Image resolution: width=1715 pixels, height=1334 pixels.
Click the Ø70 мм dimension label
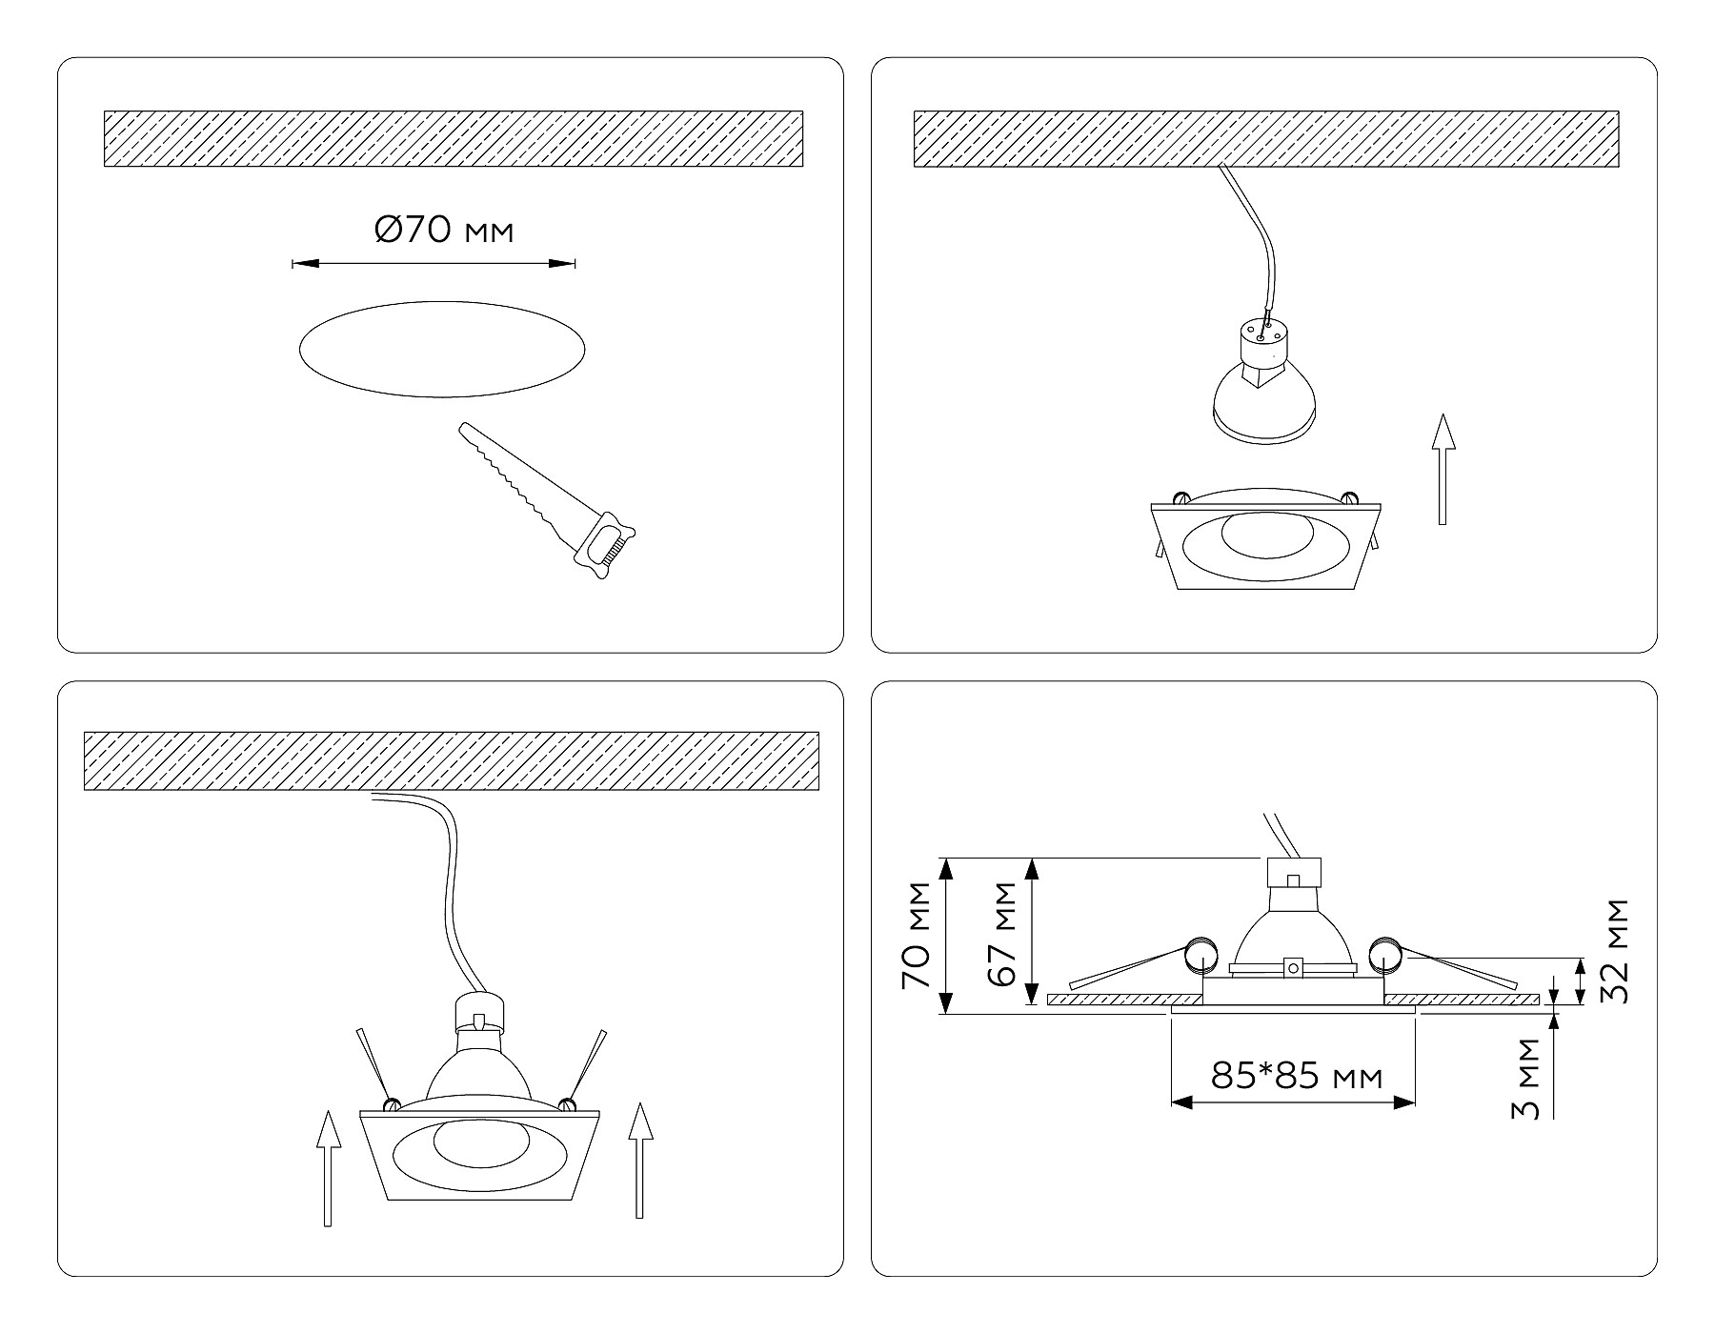(x=444, y=231)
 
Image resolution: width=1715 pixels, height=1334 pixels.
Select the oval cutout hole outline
(x=442, y=350)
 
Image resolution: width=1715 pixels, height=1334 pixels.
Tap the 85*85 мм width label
(x=1296, y=1077)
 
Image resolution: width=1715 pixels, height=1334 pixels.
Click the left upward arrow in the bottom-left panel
(x=328, y=1167)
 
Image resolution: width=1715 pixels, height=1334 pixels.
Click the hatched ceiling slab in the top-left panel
(x=453, y=139)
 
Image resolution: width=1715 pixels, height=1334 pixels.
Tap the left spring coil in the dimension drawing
(x=1200, y=955)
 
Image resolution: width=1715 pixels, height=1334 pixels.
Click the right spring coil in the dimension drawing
(x=1384, y=955)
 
